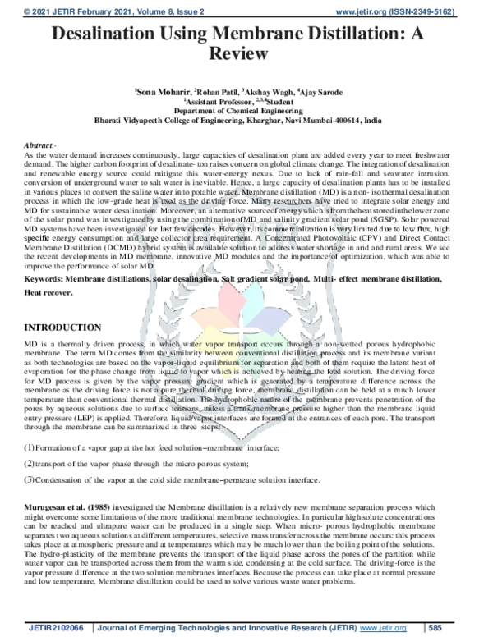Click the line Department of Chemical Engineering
[246, 111]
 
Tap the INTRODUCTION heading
[67, 327]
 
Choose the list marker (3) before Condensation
[29, 479]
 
